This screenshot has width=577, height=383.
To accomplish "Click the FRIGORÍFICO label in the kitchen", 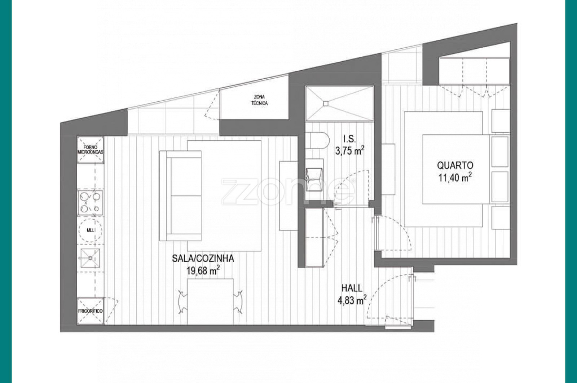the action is point(90,311).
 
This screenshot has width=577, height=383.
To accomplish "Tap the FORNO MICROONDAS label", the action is point(91,150).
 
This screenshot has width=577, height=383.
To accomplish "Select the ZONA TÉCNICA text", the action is point(259,100).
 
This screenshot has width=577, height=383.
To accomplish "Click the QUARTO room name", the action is point(455,166).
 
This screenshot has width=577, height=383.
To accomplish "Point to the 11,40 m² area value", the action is point(455,177).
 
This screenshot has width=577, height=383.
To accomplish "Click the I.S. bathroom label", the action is point(350,139).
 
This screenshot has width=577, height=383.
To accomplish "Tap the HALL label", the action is point(352,288).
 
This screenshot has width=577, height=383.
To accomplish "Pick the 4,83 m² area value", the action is point(352,300).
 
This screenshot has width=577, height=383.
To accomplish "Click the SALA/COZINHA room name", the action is point(203,259).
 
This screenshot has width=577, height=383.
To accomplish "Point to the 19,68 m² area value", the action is point(203,270).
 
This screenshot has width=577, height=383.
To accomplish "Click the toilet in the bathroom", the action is point(317,141).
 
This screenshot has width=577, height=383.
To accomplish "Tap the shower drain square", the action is point(326,103).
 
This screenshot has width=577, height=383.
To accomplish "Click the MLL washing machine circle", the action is point(91,230).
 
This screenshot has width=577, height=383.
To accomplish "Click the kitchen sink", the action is point(90,258).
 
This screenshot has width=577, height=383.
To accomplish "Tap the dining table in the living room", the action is point(210,301).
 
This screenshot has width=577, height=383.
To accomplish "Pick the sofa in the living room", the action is point(180,196).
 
